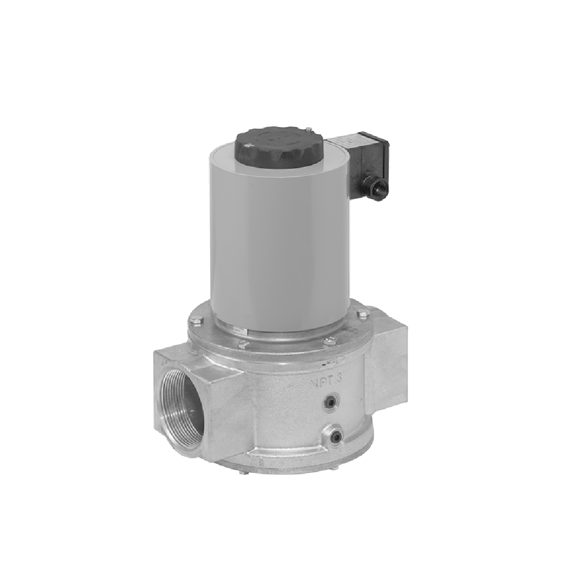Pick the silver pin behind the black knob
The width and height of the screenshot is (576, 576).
click(308, 129)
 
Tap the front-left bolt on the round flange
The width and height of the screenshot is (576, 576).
click(243, 345)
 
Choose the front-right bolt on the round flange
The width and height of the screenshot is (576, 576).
click(331, 342)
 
